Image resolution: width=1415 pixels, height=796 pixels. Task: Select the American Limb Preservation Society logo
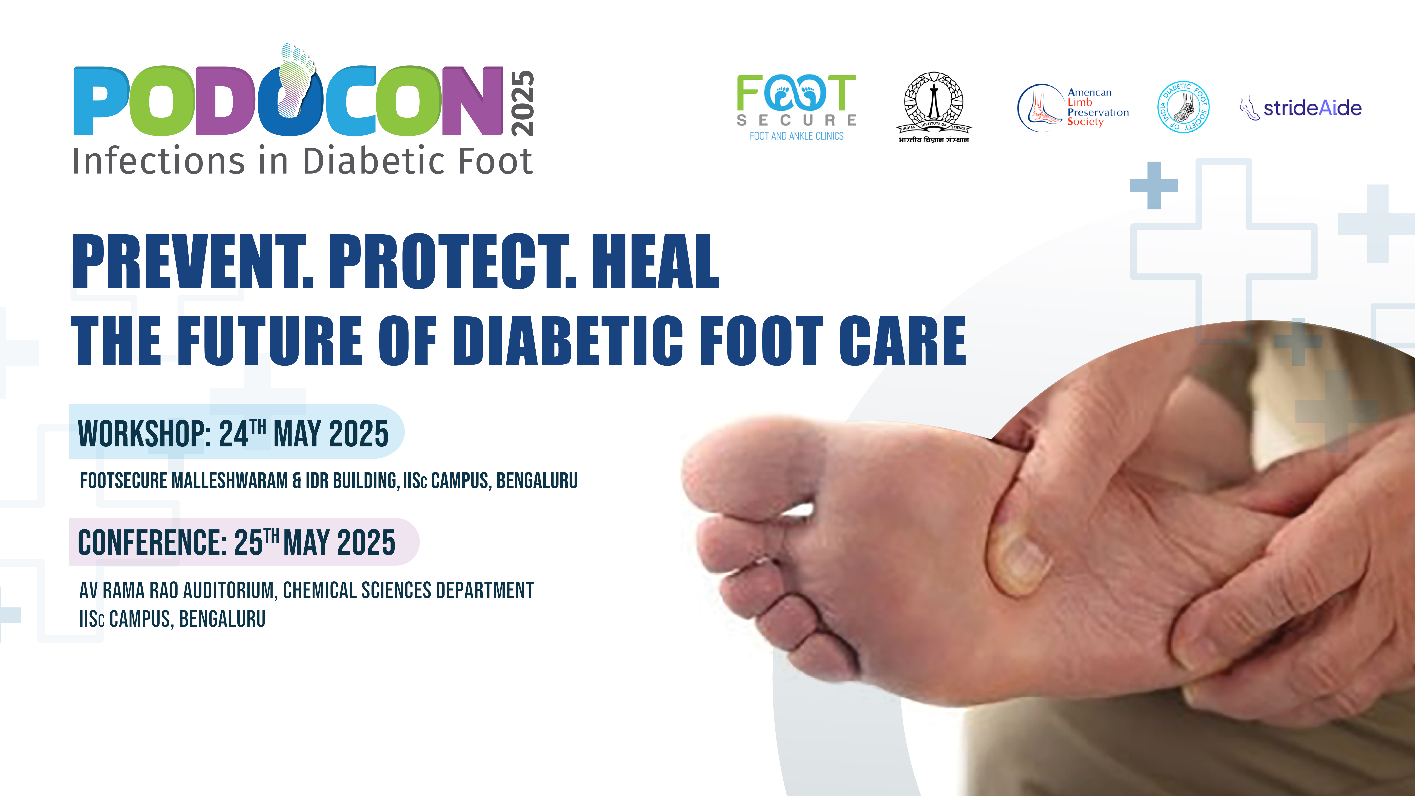click(1073, 108)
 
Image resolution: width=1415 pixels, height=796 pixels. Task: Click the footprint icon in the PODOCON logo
click(297, 80)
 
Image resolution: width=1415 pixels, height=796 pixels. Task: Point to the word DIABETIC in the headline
click(570, 341)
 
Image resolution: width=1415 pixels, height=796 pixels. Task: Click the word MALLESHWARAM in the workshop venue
click(230, 481)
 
